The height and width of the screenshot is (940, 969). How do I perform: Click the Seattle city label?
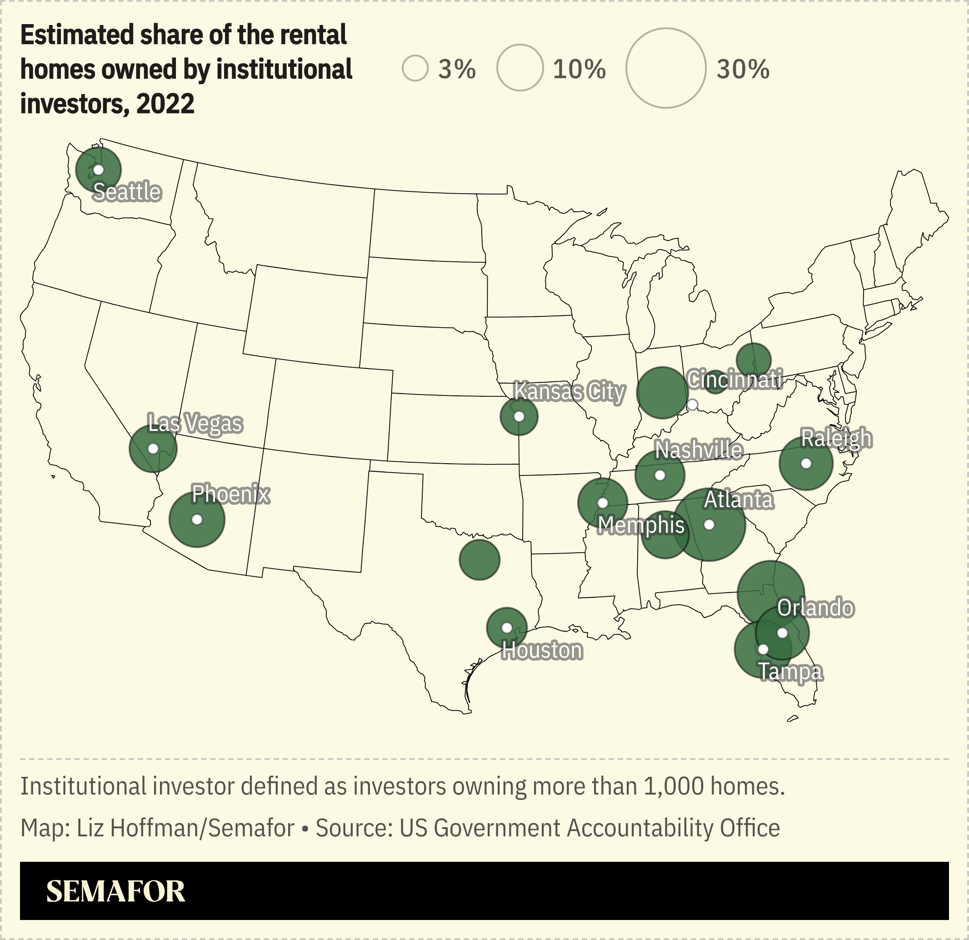click(x=127, y=192)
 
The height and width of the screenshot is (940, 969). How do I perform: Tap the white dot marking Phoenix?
click(x=197, y=520)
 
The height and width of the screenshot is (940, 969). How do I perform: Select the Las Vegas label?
click(x=195, y=424)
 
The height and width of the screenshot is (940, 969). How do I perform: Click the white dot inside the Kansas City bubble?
click(x=519, y=417)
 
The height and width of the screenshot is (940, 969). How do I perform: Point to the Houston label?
click(x=542, y=650)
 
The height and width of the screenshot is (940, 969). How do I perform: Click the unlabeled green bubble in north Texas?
click(x=479, y=560)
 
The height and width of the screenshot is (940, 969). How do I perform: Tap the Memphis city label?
click(x=641, y=525)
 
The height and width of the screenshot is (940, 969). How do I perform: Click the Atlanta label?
click(x=738, y=500)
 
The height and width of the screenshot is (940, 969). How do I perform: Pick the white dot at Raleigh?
click(x=806, y=464)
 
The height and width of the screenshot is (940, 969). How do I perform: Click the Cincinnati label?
click(x=734, y=380)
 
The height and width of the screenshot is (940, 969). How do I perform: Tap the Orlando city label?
click(x=815, y=608)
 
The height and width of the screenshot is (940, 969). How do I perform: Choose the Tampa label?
click(x=790, y=671)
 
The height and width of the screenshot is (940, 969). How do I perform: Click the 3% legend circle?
click(x=415, y=68)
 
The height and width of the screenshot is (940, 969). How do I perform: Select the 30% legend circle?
click(x=665, y=68)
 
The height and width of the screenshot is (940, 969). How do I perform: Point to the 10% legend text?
click(x=579, y=69)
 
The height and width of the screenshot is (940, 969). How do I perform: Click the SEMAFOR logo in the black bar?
click(x=116, y=891)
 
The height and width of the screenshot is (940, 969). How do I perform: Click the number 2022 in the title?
click(x=165, y=104)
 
